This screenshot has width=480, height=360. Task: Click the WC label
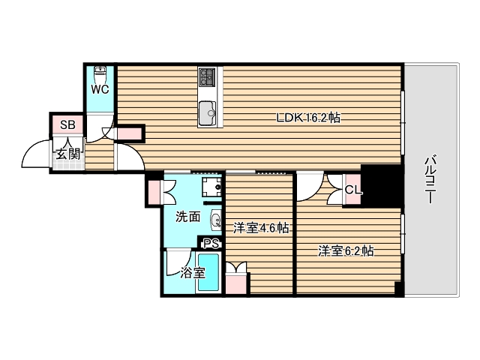coord(100,89)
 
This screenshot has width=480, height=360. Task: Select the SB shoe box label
coord(67,124)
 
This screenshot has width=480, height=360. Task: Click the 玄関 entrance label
coord(67,154)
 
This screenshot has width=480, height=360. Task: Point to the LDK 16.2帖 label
coord(309,118)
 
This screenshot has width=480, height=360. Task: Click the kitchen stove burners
coord(208,76)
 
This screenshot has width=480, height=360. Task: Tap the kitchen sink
coord(208,115)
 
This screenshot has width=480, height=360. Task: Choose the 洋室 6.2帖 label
coord(346,251)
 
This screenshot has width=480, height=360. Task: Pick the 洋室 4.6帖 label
coord(260,228)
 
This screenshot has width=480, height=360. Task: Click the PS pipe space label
coord(211,243)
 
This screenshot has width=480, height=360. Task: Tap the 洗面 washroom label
coord(187,217)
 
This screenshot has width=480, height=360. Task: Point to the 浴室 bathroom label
coord(193,273)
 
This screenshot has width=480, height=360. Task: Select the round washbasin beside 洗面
coord(216,220)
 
